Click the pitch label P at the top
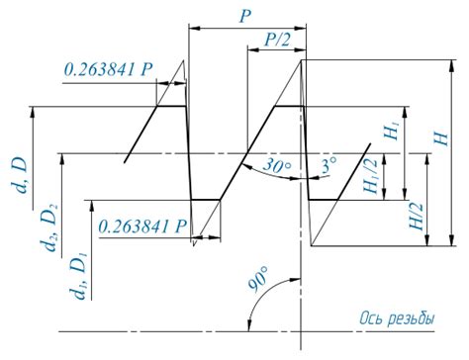tap(245, 16)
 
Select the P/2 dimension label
tap(277, 40)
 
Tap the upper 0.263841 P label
tap(109, 69)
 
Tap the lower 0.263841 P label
tap(142, 226)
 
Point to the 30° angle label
tap(277, 164)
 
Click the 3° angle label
tap(329, 164)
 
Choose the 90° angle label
tap(258, 280)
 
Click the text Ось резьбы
tap(397, 318)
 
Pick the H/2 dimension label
tap(416, 217)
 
